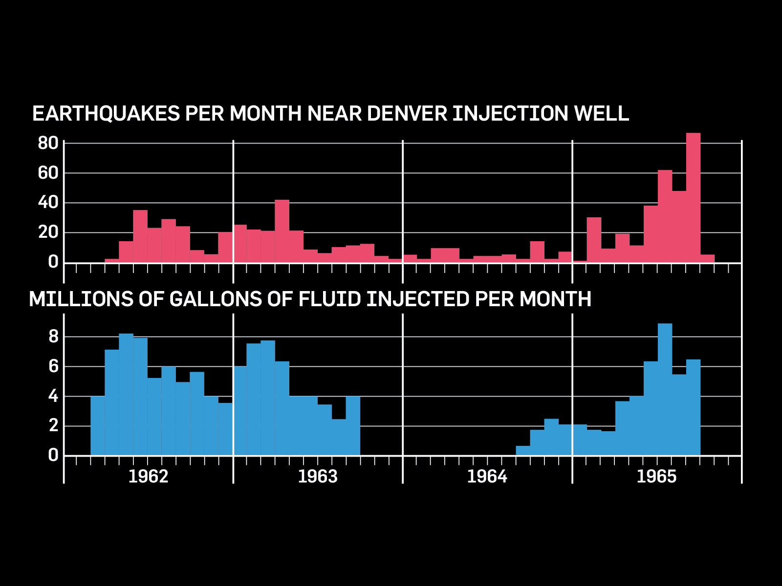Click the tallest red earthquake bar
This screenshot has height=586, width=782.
(693, 198)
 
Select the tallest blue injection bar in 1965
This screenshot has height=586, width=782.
(665, 389)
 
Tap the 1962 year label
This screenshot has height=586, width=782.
(148, 476)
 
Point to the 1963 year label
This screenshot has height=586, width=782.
(318, 476)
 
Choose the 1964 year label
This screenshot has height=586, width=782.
(487, 476)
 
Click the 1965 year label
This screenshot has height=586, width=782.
(656, 476)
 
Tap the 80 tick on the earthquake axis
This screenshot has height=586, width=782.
(48, 143)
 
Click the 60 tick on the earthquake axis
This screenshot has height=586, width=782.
(48, 173)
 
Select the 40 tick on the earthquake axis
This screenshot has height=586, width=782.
(48, 202)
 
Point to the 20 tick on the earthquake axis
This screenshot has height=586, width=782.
(48, 232)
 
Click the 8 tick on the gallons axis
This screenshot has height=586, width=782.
(53, 336)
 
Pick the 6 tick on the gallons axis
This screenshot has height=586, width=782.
(53, 366)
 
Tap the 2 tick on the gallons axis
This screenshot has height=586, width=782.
(53, 425)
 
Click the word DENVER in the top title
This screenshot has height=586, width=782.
(407, 113)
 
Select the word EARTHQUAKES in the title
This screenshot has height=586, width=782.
(106, 113)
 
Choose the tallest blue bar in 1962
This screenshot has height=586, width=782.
(126, 394)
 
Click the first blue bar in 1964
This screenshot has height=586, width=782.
(523, 450)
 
